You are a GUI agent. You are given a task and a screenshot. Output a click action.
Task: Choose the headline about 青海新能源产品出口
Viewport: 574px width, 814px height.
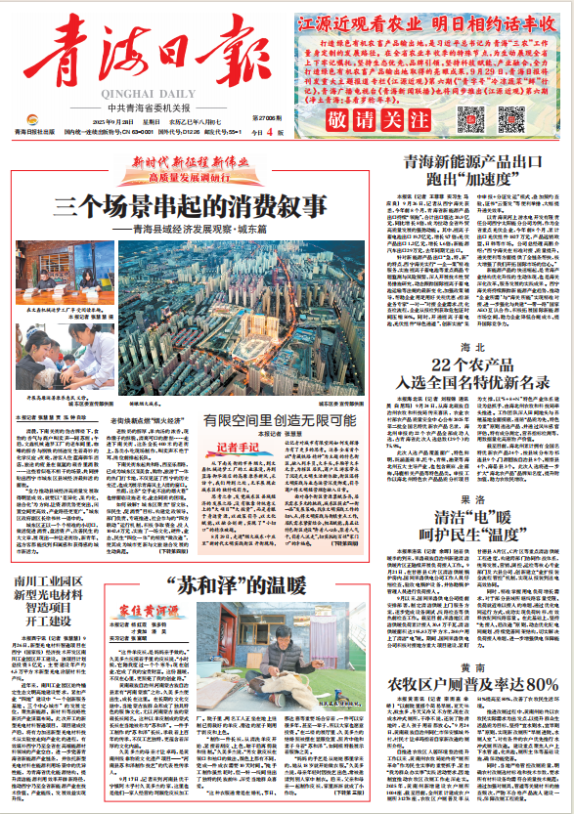(x=475, y=168)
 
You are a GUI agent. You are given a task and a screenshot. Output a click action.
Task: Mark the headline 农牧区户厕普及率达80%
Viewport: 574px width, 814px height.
(x=474, y=683)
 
